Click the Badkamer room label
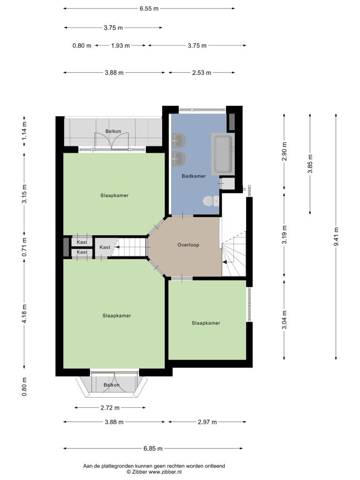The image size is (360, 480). (x=194, y=176)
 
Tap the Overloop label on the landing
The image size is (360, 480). (x=188, y=245)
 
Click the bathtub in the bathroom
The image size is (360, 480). (x=223, y=154)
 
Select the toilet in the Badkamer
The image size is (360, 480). (x=211, y=201)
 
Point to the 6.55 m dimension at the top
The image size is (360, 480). (x=149, y=8)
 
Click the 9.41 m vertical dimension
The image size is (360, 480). (x=336, y=237)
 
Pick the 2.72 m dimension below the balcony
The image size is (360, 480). (x=110, y=408)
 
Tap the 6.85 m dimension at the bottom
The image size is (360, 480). (x=153, y=449)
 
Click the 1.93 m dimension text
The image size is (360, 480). (x=120, y=45)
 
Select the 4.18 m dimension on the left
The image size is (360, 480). (x=24, y=313)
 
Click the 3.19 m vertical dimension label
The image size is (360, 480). (x=285, y=234)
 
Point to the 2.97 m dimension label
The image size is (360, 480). (x=207, y=422)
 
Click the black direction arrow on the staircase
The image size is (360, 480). (x=225, y=262)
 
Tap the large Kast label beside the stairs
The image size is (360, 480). (x=105, y=247)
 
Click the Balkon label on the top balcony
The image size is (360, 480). (x=113, y=131)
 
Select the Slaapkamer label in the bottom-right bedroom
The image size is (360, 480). (x=206, y=323)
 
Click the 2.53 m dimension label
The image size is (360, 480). (x=202, y=73)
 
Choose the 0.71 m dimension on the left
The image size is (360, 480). (x=24, y=247)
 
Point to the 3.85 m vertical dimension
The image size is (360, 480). (x=310, y=164)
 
